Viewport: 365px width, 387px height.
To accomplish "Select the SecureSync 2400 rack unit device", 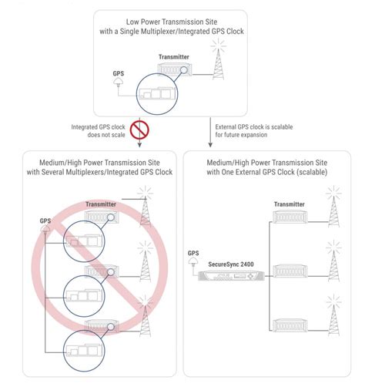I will [x=232, y=274].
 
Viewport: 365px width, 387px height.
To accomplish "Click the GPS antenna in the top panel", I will [x=117, y=86].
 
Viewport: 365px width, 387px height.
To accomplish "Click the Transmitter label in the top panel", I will [x=174, y=57].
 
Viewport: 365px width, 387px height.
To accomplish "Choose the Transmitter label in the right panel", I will [x=292, y=204].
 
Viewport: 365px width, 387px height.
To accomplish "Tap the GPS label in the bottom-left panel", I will [x=45, y=220].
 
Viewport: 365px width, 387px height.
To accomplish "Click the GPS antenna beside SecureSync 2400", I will [x=194, y=264].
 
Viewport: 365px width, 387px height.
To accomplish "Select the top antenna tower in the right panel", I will [x=333, y=207].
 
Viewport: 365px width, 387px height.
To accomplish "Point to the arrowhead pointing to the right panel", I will [x=211, y=143].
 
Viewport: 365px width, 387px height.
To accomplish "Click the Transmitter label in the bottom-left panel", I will [x=101, y=204].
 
